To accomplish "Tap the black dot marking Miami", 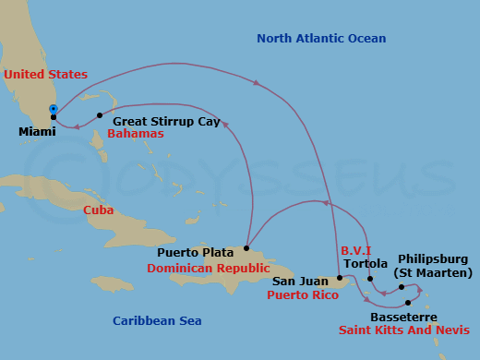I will pyautogui.click(x=54, y=117).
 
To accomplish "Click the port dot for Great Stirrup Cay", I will pyautogui.click(x=100, y=116).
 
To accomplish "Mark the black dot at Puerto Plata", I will pyautogui.click(x=246, y=248).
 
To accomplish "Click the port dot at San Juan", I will pyautogui.click(x=340, y=277).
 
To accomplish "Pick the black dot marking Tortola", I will pyautogui.click(x=370, y=278).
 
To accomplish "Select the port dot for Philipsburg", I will pyautogui.click(x=402, y=287).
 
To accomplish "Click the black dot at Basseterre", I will pyautogui.click(x=408, y=303).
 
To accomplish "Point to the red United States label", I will pyautogui.click(x=45, y=75).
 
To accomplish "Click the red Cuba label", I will pyautogui.click(x=99, y=210).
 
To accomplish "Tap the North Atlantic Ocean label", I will pyautogui.click(x=321, y=39).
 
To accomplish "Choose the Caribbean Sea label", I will pyautogui.click(x=157, y=321).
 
